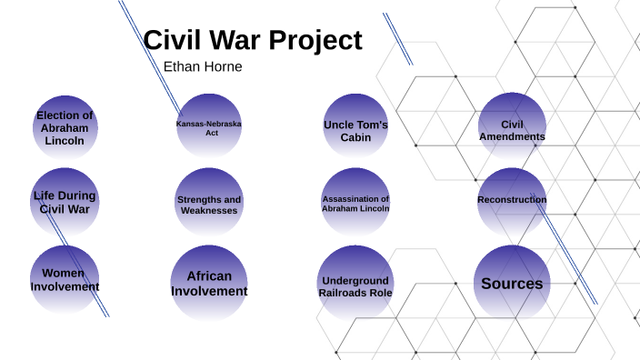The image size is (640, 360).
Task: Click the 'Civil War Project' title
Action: [x=253, y=41]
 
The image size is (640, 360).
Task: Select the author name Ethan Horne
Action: [x=203, y=67]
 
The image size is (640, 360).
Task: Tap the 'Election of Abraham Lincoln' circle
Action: [x=65, y=128]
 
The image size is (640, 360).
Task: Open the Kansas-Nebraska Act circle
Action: [x=209, y=127]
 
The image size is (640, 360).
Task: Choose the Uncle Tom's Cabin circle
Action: [x=355, y=130]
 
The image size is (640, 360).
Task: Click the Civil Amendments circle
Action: [x=512, y=131]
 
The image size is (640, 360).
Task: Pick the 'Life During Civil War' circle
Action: [x=65, y=202]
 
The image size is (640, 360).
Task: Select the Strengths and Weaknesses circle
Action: [x=209, y=205]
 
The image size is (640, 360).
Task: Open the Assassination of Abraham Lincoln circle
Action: [x=355, y=204]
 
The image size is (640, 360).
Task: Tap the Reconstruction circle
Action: [x=512, y=200]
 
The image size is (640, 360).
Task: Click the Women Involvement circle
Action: [x=65, y=280]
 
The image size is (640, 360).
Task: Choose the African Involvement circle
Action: [x=209, y=284]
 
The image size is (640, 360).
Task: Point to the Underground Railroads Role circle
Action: [x=355, y=286]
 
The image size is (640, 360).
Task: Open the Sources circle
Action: [x=512, y=284]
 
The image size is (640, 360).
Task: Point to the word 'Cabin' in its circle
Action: [x=355, y=137]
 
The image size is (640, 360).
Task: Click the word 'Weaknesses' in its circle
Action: [x=209, y=211]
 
